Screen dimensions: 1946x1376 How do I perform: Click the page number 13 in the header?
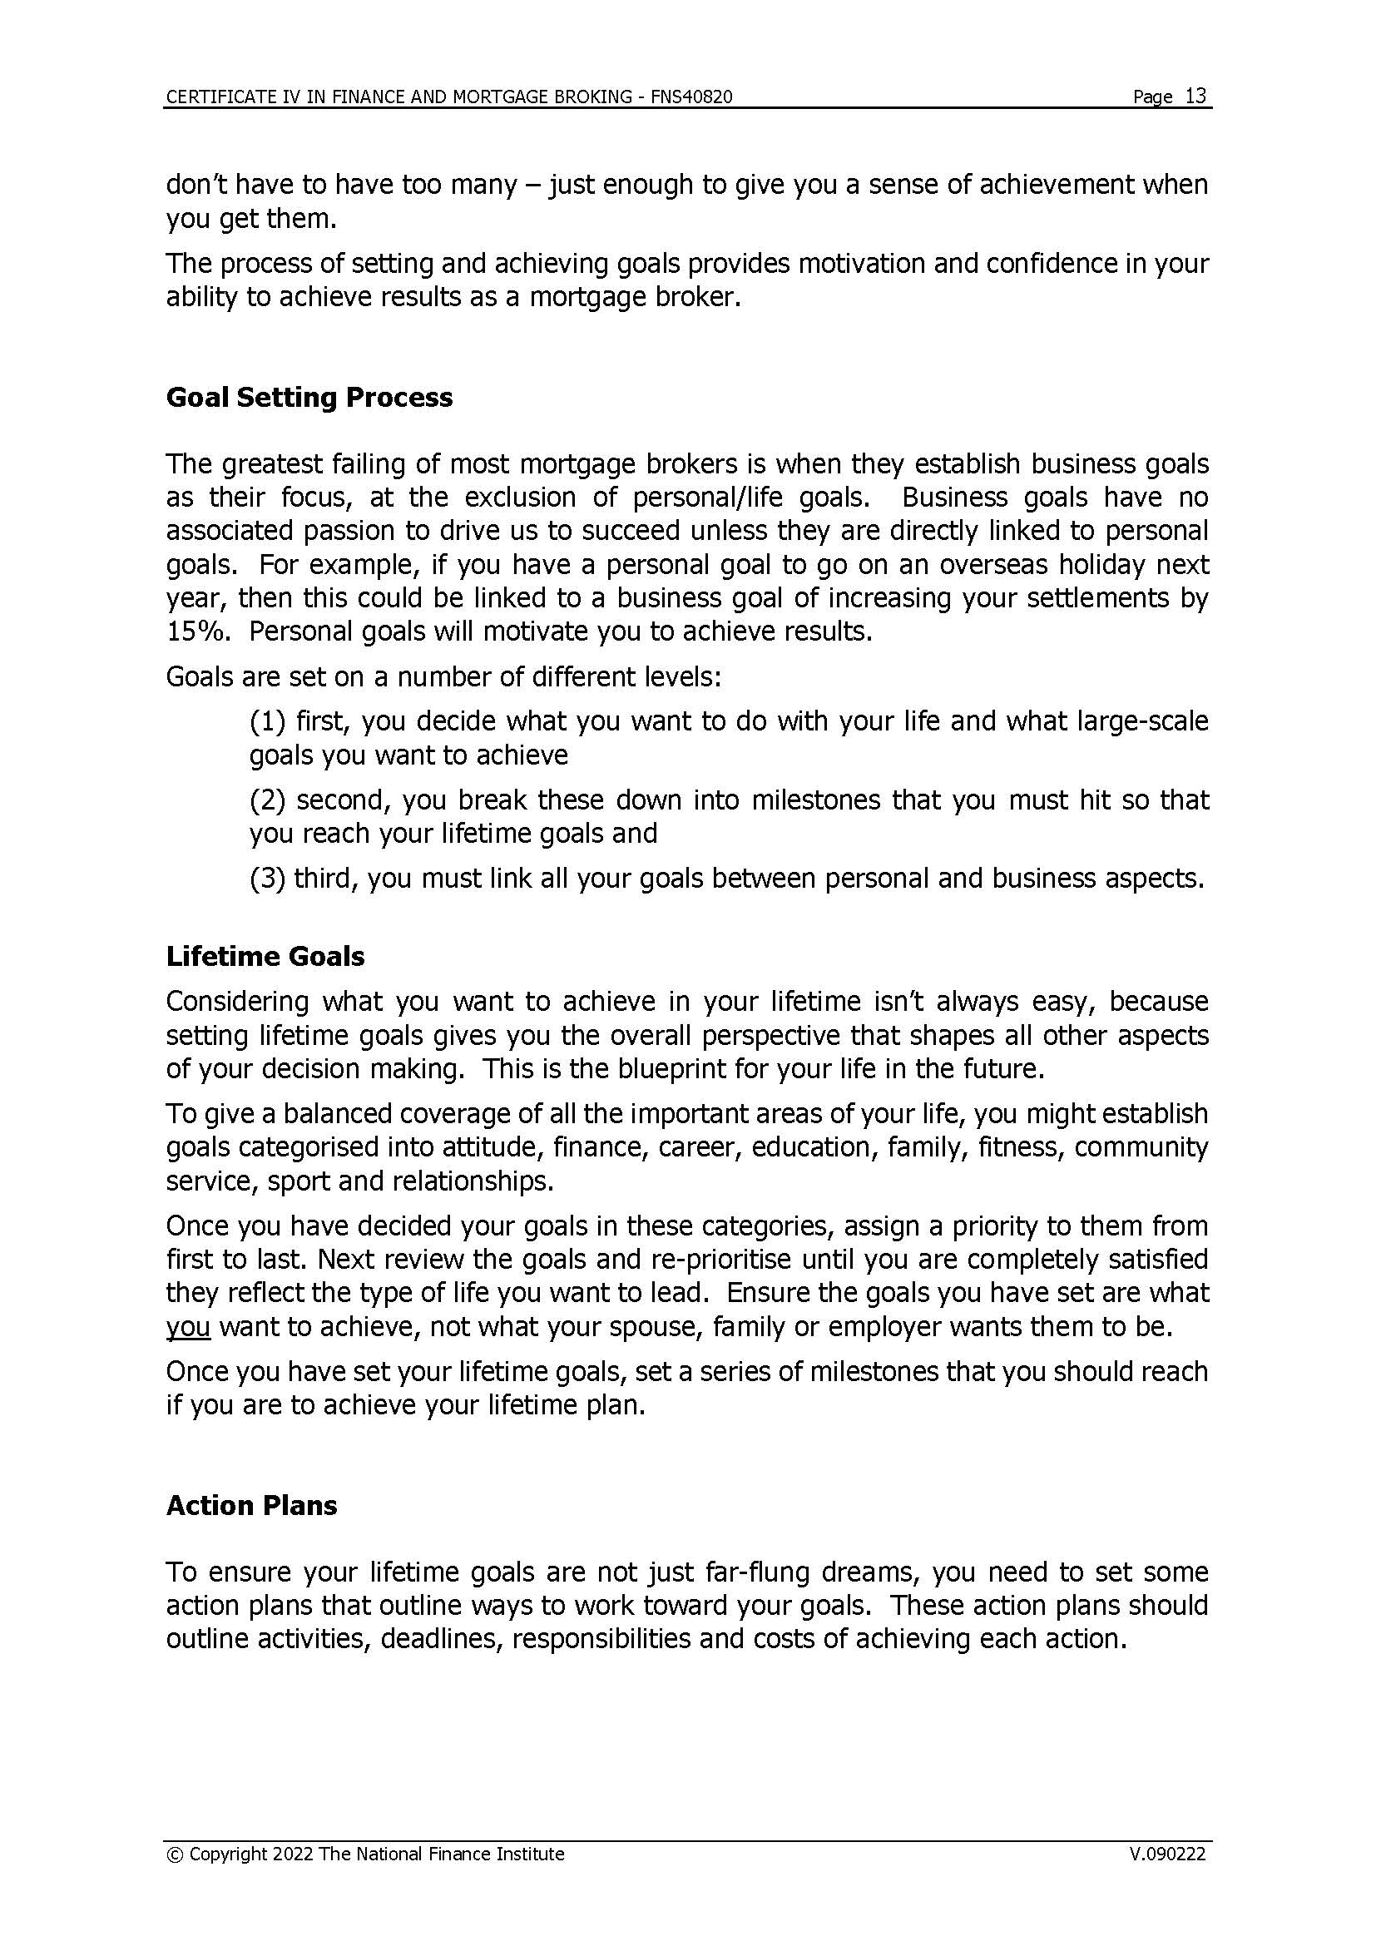pyautogui.click(x=1195, y=96)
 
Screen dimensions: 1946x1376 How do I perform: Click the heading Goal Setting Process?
pyautogui.click(x=309, y=398)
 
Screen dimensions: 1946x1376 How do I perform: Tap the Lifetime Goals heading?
pyautogui.click(x=265, y=956)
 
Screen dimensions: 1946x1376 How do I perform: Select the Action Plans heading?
pyautogui.click(x=251, y=1505)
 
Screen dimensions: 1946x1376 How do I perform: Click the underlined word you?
pyautogui.click(x=187, y=1327)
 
